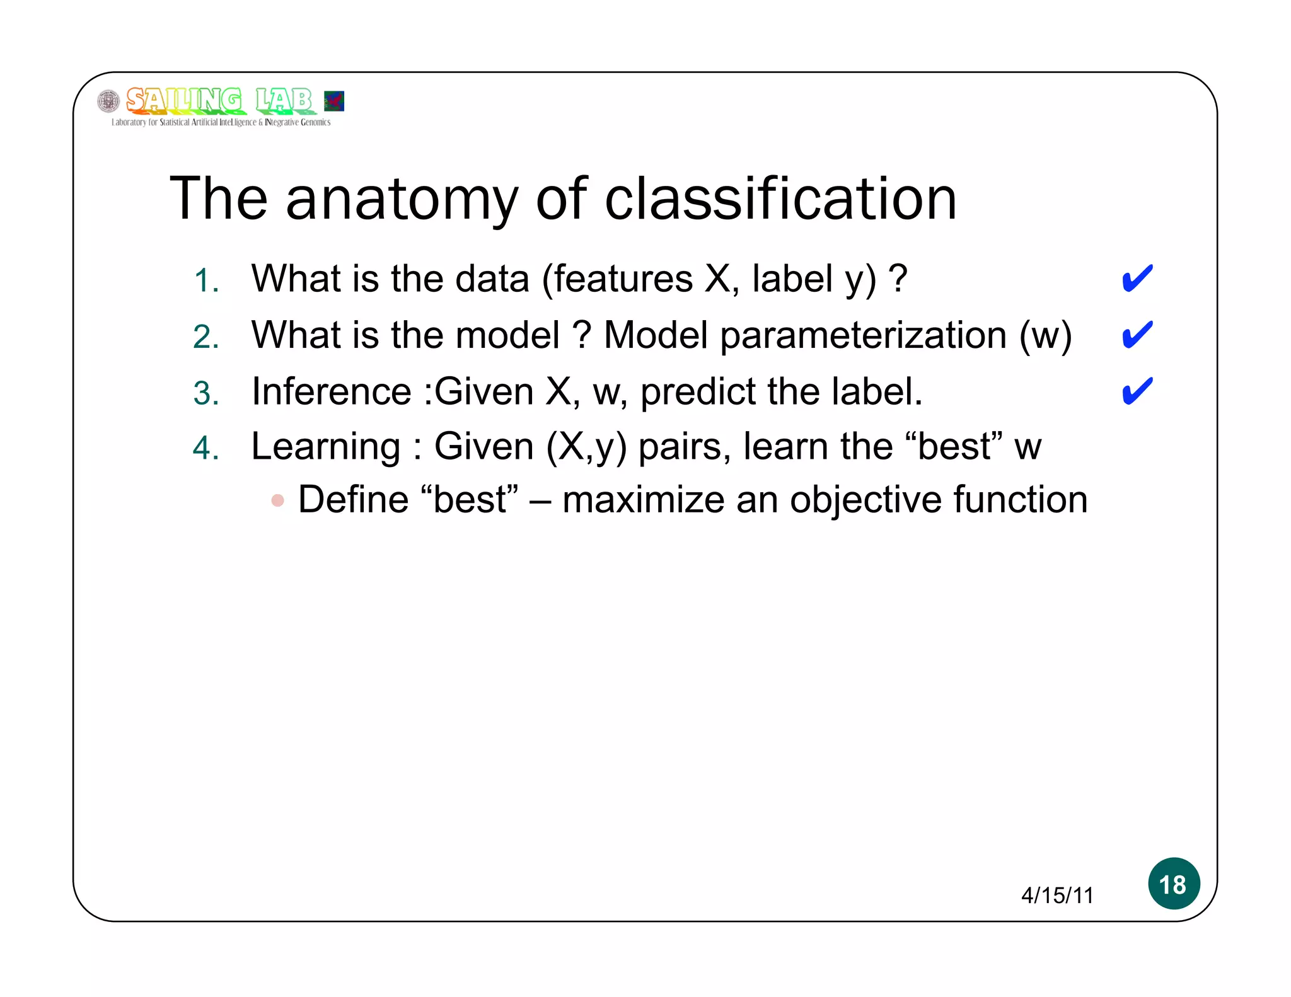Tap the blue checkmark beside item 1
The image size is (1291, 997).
(x=1137, y=279)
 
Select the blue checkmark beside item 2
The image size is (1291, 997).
(x=1137, y=335)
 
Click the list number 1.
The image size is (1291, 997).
(x=206, y=281)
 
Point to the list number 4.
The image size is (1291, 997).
(x=206, y=449)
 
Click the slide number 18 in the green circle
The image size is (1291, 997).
(x=1173, y=884)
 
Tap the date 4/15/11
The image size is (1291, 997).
(x=1057, y=896)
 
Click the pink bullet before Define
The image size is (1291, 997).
(x=277, y=501)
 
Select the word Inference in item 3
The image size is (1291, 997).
(x=332, y=391)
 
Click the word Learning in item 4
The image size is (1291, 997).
(x=326, y=447)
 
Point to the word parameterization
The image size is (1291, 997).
(x=863, y=336)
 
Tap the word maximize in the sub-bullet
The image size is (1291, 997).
(x=643, y=500)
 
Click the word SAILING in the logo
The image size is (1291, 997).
(x=183, y=100)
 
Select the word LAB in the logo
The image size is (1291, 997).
(x=284, y=100)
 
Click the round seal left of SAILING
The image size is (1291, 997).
(x=108, y=101)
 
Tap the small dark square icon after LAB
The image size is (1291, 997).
(x=333, y=101)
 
